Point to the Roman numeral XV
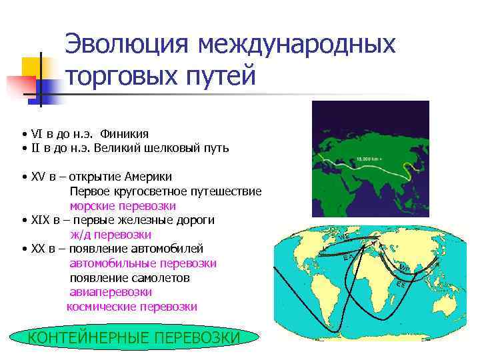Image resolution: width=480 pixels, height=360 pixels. [38, 177]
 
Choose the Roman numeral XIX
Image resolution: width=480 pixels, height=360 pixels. [41, 219]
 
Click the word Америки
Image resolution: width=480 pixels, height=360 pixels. [151, 177]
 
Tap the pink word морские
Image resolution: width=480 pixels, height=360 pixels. [93, 205]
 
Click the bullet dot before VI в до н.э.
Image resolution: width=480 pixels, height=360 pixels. [23, 134]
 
